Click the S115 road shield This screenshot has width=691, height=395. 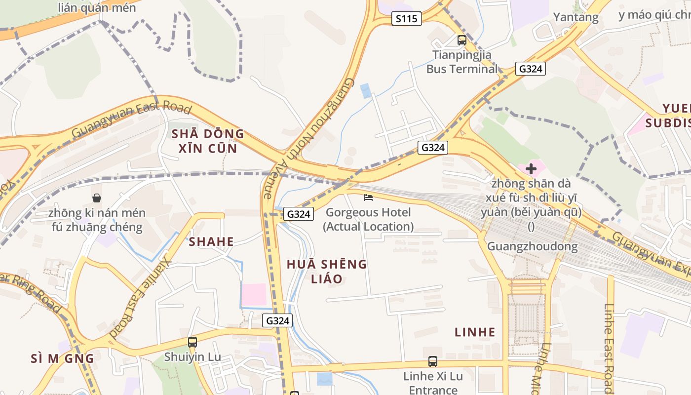coord(407,19)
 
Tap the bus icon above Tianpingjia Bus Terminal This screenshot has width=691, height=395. coord(462,40)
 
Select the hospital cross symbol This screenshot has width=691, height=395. coord(531,169)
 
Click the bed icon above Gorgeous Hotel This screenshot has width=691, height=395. coord(368,197)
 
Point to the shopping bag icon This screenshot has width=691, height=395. coord(97,198)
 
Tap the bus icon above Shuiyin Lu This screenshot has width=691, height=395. coord(192,342)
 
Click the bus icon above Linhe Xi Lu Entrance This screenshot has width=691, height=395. coord(433,361)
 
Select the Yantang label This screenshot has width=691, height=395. coord(576,17)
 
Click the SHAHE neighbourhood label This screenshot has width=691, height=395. coord(211,241)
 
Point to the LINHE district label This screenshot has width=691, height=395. coord(475,332)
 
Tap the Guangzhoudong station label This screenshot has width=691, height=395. coord(532,246)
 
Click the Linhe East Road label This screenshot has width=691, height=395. coord(608,348)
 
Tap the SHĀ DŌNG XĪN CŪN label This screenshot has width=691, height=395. coord(208,141)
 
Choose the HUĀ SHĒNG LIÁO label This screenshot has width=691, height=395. coord(327,271)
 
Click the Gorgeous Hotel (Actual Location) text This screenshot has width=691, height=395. coord(368,220)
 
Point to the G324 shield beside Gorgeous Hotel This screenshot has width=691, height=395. coord(299,214)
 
